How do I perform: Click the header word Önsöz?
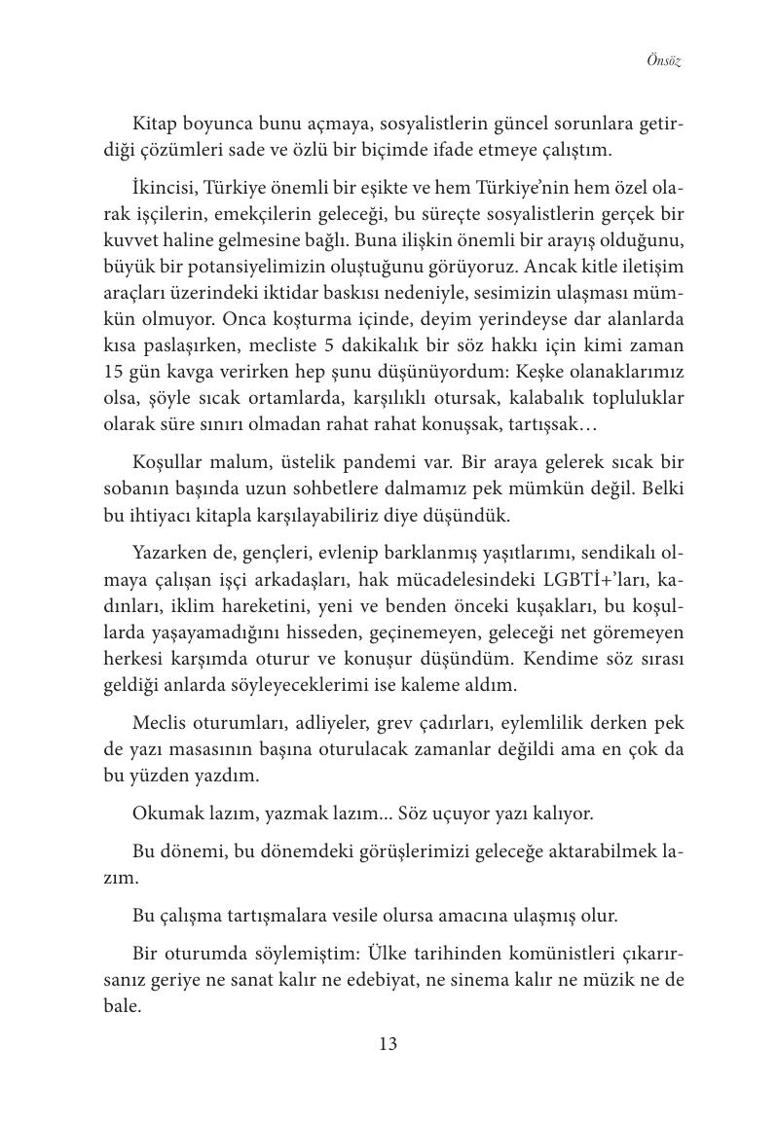[x=664, y=60]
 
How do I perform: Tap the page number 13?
[x=388, y=1044]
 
